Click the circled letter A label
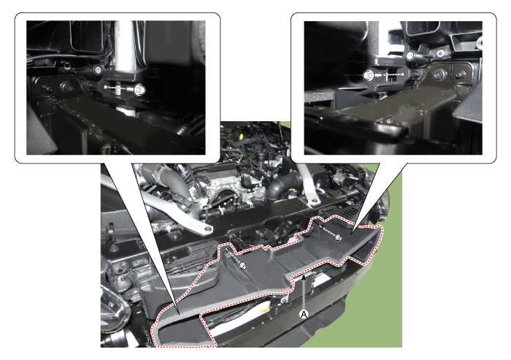(x=304, y=315)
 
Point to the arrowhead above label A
(x=304, y=277)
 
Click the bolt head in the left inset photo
(x=139, y=89)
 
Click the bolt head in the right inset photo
(x=369, y=75)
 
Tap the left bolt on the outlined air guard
(x=243, y=266)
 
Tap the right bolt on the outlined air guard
(x=339, y=238)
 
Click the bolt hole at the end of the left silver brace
(x=207, y=229)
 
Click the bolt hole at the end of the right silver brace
(x=314, y=201)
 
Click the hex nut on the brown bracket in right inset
(x=439, y=74)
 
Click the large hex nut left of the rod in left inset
(x=68, y=88)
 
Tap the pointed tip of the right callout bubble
(x=351, y=234)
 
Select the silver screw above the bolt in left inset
(x=97, y=69)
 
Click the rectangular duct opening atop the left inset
(x=88, y=35)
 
